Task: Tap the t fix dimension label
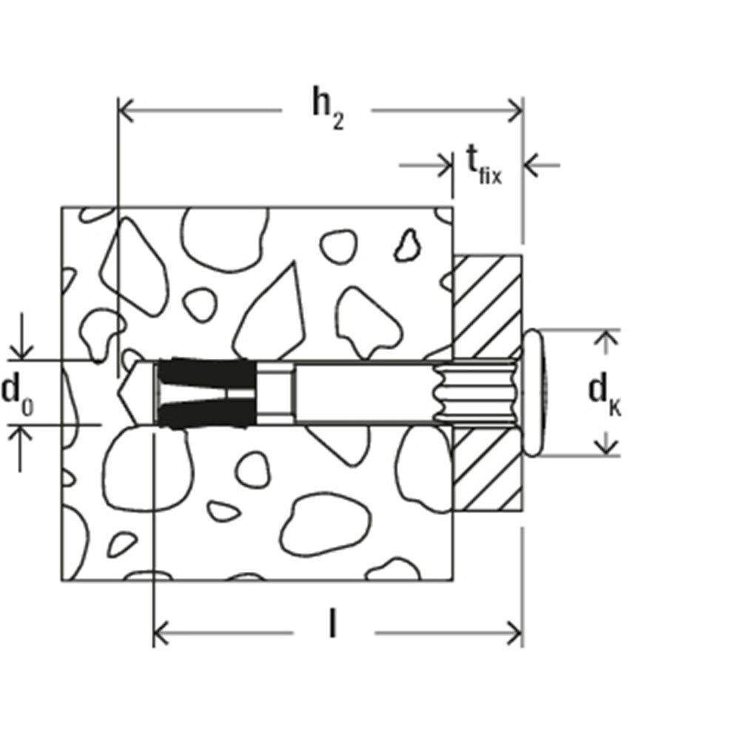(484, 165)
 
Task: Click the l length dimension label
(333, 622)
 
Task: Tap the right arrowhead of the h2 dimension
(515, 110)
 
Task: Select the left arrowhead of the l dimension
(161, 633)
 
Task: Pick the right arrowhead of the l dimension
(514, 633)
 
